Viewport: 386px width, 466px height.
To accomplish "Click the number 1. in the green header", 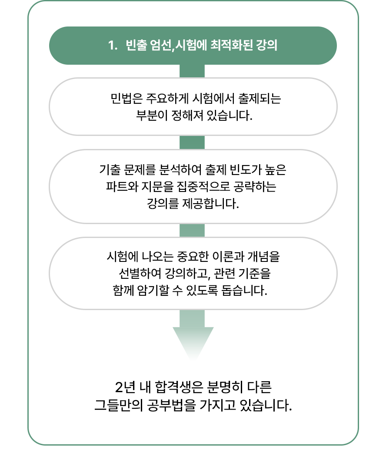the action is pos(113,46).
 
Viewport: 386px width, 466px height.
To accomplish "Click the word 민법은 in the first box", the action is pos(126,99).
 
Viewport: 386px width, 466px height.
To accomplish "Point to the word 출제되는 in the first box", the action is pos(260,99).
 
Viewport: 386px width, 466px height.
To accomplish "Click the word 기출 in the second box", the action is pos(110,170).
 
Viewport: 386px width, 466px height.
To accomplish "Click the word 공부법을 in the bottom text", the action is pos(171,405).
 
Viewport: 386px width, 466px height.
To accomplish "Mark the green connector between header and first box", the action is pos(192,71).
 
